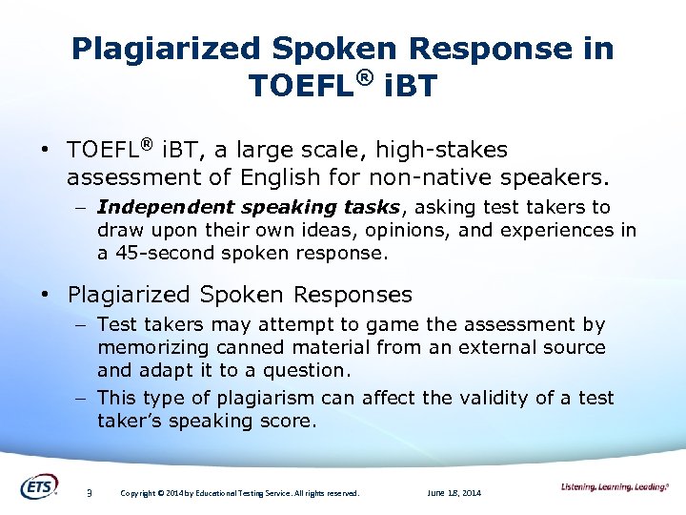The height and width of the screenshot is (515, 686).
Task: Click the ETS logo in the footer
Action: coord(39,486)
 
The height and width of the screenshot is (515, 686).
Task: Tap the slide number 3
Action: coord(88,493)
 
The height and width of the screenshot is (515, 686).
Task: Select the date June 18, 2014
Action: coord(454,493)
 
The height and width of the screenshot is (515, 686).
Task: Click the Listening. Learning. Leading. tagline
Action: coord(615,487)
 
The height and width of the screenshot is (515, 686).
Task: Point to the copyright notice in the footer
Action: coord(239,493)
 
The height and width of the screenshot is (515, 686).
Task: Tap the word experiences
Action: coord(559,230)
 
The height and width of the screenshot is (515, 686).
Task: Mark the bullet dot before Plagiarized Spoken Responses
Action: coord(46,296)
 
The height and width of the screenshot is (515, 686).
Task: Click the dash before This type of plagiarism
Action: coord(83,398)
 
